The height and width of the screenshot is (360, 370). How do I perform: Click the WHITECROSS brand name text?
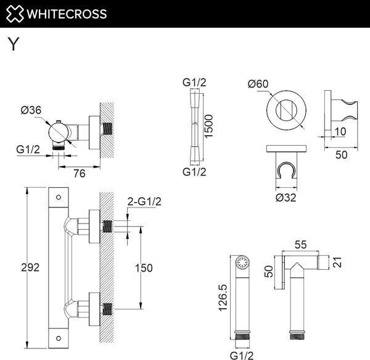click(67, 14)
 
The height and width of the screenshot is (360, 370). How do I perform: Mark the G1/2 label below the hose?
click(194, 172)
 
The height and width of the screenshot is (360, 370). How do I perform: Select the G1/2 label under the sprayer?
click(242, 354)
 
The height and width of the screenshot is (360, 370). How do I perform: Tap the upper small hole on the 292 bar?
click(59, 198)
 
